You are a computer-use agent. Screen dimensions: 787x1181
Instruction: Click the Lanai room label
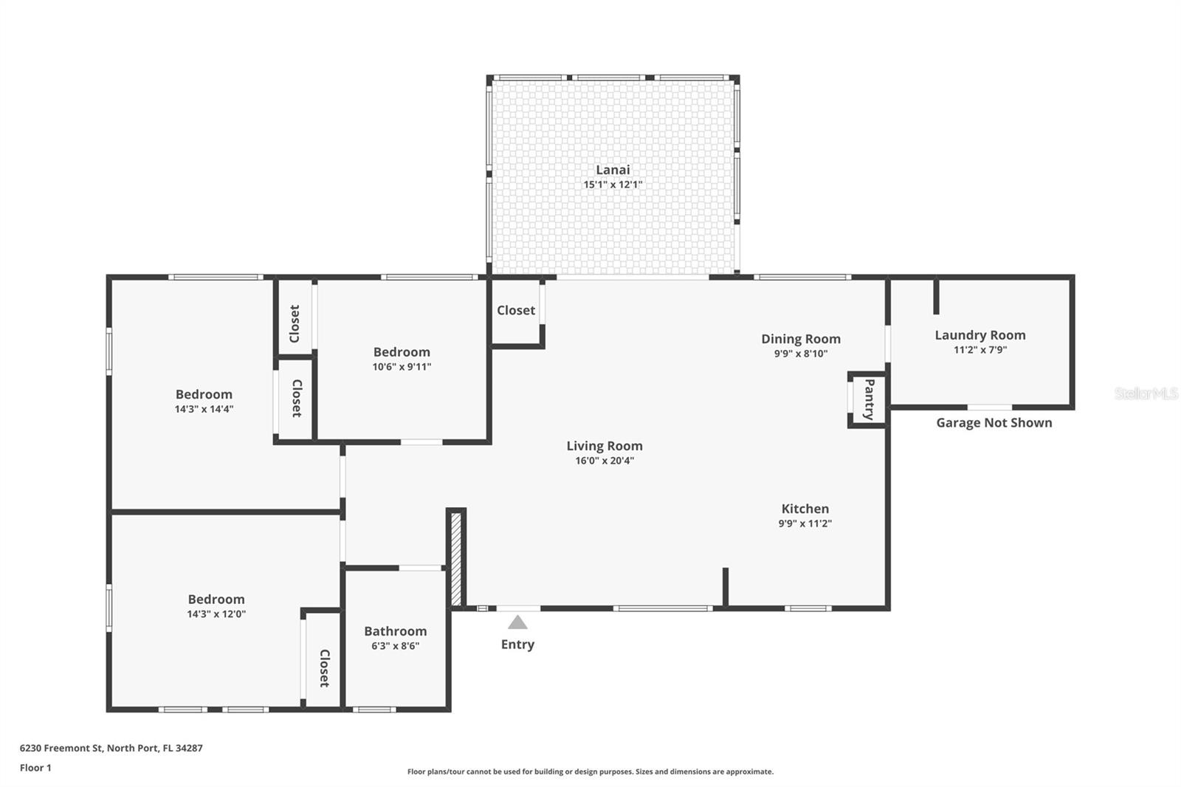coord(613,170)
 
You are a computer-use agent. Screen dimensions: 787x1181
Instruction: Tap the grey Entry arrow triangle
coord(517,623)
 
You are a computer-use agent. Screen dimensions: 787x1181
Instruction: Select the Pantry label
coord(869,399)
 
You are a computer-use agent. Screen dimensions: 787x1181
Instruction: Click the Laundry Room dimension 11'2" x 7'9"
coord(979,350)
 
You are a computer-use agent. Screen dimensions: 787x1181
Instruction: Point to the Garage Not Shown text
coord(994,423)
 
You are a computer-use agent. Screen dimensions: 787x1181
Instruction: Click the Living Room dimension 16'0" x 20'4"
coord(605,461)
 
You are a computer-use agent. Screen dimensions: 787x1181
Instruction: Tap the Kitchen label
coord(805,509)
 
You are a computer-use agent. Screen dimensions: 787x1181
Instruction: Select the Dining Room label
coord(801,339)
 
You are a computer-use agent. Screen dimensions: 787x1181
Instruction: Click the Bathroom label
coord(395,631)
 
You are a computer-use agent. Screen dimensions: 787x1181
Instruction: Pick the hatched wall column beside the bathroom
coord(456,559)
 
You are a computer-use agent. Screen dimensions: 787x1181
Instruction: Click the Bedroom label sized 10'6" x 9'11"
coord(402,352)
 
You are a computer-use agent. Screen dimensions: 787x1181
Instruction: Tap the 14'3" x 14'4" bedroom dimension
coord(204,409)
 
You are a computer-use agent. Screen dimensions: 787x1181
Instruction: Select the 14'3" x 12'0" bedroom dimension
coord(216,614)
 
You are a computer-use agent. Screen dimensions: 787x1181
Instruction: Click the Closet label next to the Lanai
coord(515,310)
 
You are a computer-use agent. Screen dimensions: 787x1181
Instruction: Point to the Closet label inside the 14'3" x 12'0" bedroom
coord(323,668)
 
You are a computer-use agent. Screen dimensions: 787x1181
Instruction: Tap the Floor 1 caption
coord(35,768)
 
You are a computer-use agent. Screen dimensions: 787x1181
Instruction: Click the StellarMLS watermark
coord(1146,393)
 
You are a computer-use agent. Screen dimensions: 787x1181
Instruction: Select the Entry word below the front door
coord(517,645)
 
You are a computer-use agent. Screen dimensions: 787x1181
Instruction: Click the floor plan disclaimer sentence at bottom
coord(590,771)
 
